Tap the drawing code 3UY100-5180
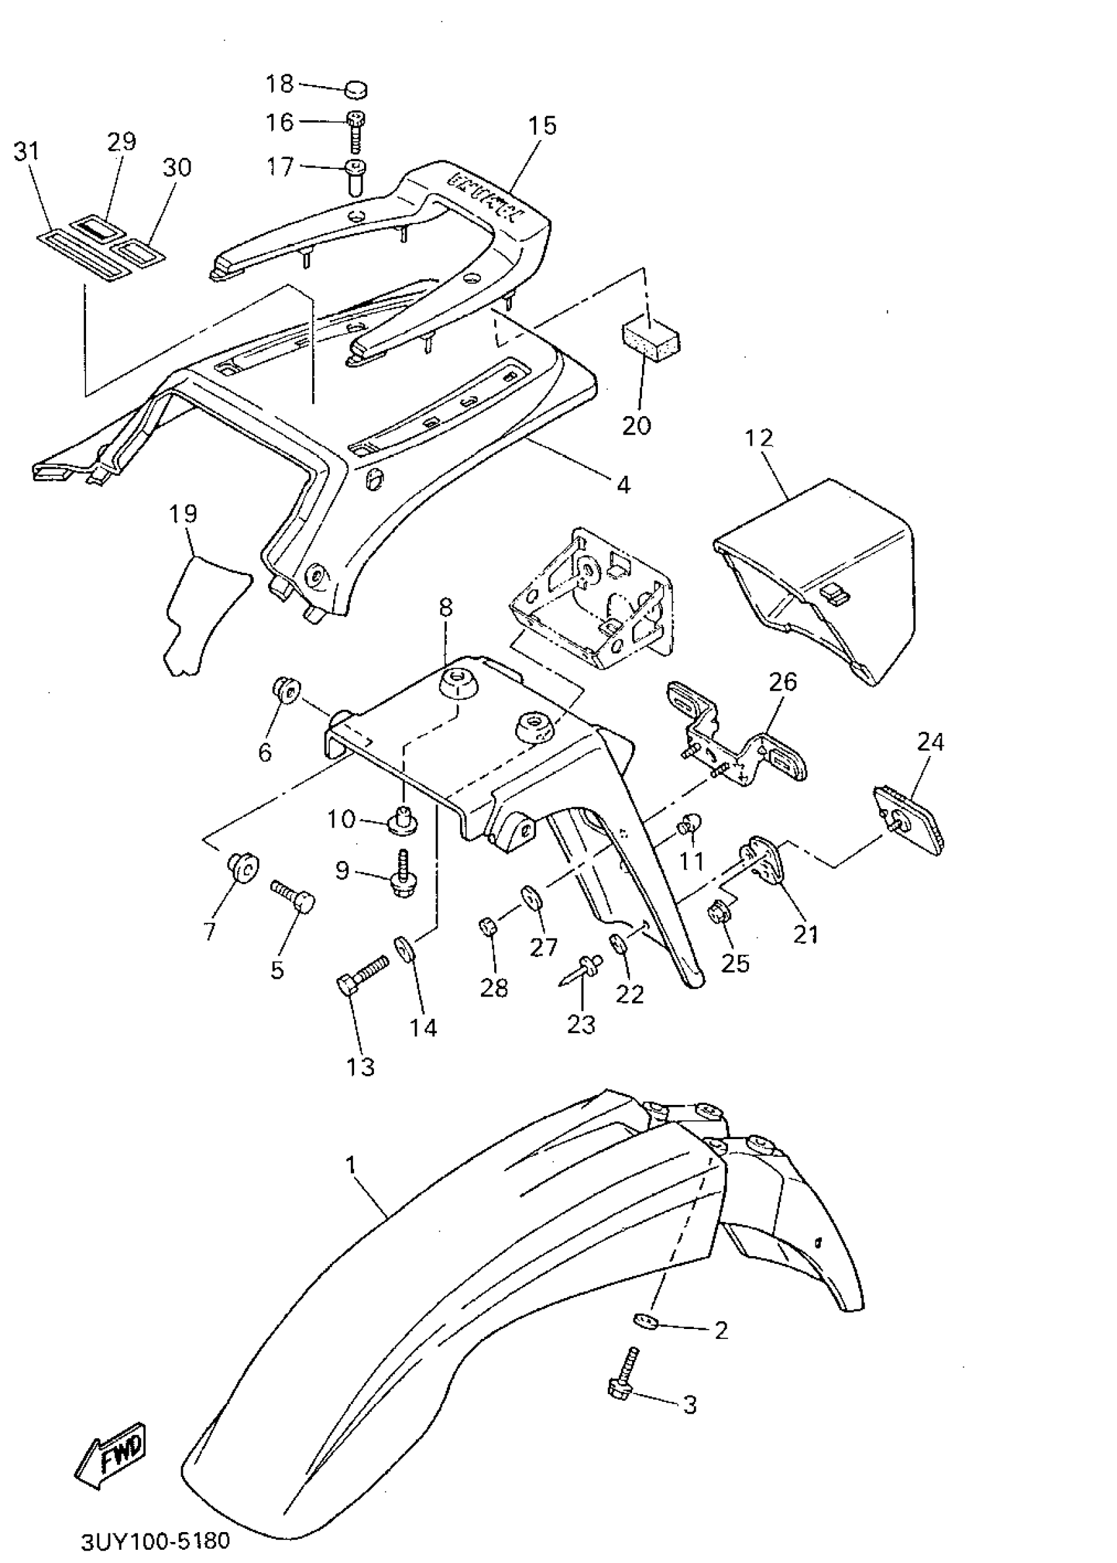(x=156, y=1521)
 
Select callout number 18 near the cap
(x=280, y=84)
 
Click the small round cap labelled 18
(x=355, y=89)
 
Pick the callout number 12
(x=759, y=438)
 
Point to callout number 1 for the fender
(x=352, y=1165)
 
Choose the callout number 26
(x=783, y=682)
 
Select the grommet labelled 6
(x=285, y=690)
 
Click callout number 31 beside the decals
(x=28, y=151)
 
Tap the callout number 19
(x=183, y=513)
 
